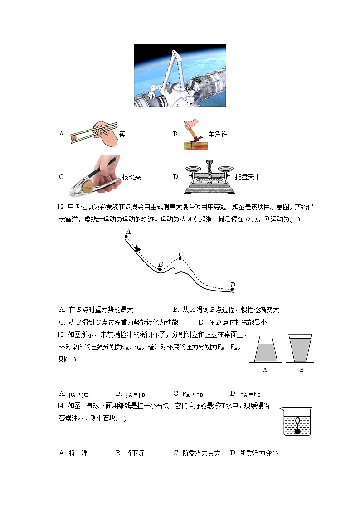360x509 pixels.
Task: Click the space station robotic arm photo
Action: click(180, 75)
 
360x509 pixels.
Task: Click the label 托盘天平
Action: click(248, 177)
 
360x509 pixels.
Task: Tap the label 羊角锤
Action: click(218, 134)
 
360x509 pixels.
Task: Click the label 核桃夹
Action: click(131, 177)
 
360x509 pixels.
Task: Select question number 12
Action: click(62, 207)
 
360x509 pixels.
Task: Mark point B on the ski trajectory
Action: click(159, 269)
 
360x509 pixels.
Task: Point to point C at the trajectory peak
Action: click(180, 259)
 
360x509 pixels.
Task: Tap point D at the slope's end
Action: click(232, 289)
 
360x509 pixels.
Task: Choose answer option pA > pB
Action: click(78, 393)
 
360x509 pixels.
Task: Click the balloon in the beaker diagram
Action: click(297, 420)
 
